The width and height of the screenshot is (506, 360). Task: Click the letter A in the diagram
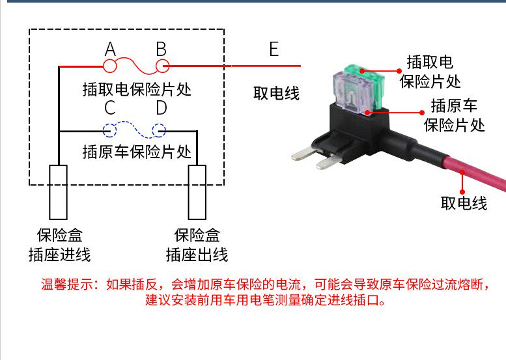click(110, 49)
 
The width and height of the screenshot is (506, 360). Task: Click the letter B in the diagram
click(161, 49)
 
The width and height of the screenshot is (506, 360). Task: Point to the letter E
click(274, 49)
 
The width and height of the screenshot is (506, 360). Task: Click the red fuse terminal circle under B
click(161, 66)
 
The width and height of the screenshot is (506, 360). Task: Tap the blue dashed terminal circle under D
click(160, 131)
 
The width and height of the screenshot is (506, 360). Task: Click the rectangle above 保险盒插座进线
click(58, 192)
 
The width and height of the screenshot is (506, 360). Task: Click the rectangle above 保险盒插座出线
click(197, 192)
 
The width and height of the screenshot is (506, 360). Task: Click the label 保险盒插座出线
click(197, 245)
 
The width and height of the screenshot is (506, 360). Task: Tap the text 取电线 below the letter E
click(276, 93)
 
